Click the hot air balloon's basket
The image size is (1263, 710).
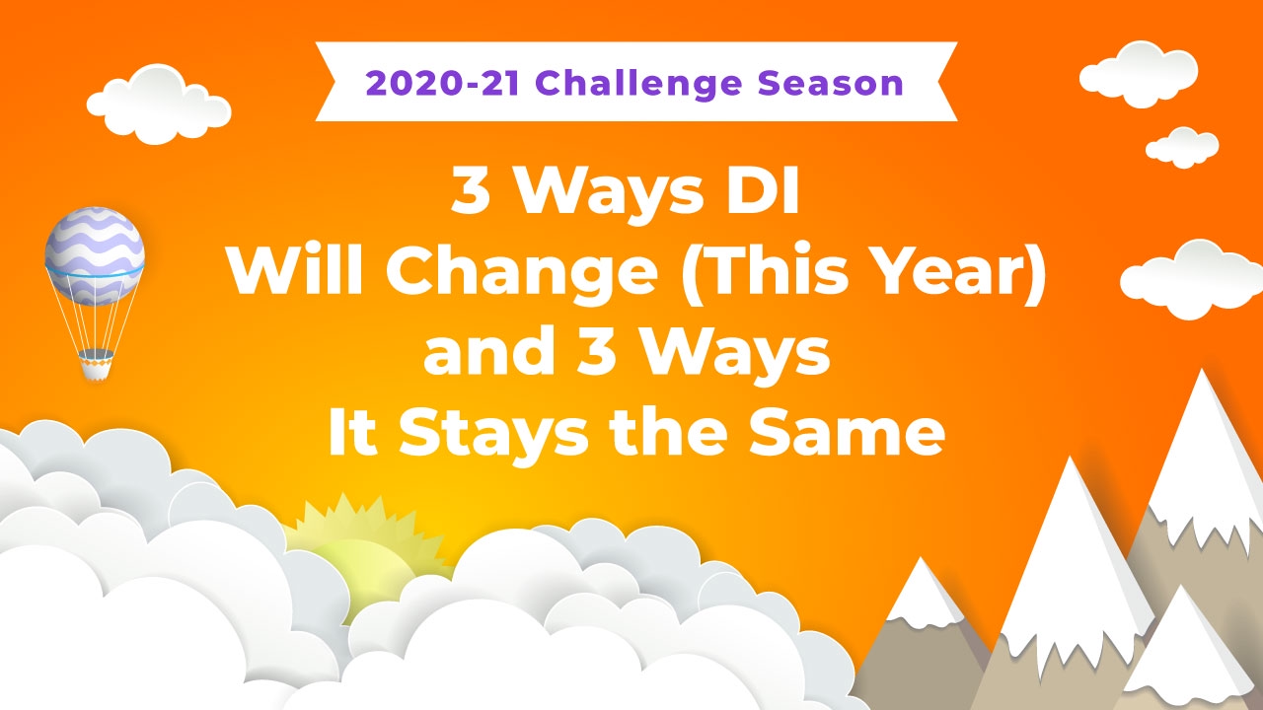(x=96, y=365)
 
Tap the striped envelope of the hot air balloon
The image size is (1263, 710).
(x=95, y=255)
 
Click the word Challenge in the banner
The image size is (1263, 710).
(x=638, y=84)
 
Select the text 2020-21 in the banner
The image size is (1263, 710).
(x=442, y=84)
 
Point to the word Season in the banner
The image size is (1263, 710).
(x=831, y=84)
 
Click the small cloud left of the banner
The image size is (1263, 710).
(x=159, y=105)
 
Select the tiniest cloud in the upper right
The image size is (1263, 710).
(x=1182, y=148)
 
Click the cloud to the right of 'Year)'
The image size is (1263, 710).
(x=1191, y=279)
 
